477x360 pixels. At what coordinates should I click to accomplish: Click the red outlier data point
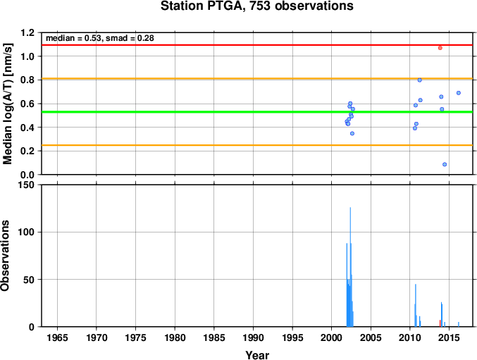(440, 48)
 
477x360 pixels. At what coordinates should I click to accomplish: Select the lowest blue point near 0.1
(445, 164)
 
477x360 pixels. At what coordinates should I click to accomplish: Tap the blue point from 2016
(459, 93)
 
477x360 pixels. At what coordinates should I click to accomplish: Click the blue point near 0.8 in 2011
(419, 80)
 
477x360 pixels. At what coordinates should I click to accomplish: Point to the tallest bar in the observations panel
(350, 267)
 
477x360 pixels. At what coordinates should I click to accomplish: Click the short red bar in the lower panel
(440, 323)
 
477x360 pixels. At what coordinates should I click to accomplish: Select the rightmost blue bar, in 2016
(459, 325)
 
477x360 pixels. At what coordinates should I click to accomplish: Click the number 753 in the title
(260, 6)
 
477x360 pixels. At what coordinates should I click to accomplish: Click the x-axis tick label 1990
(253, 337)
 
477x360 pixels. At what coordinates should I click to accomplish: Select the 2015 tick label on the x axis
(449, 337)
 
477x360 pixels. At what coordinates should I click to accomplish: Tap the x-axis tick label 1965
(57, 337)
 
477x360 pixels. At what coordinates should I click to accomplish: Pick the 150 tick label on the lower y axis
(27, 185)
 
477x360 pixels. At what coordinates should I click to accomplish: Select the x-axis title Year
(257, 355)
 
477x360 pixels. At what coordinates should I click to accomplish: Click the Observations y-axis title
(5, 256)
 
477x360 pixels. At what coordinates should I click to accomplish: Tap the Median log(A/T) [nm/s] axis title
(7, 104)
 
